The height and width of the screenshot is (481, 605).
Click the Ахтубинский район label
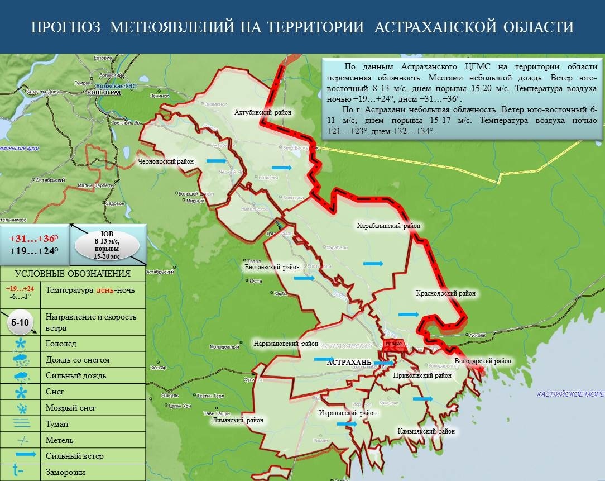coord(263,112)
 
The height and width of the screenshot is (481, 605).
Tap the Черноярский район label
coord(166,162)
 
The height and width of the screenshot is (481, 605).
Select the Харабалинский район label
coord(388,226)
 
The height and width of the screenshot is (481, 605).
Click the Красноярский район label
coord(445,293)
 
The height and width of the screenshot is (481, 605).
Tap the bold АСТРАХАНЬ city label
coord(349,363)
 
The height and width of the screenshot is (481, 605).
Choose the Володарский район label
coord(483,361)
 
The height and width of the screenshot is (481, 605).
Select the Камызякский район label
coord(426,431)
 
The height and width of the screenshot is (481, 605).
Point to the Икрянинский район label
coord(344,413)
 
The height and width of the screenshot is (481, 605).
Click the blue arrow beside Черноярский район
coord(216,161)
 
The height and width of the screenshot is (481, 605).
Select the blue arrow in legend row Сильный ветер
coord(22,456)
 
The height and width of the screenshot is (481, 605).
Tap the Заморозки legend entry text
coord(66,472)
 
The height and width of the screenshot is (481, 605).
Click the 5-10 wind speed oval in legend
coord(20,323)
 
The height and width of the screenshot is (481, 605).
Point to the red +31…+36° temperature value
coord(33,238)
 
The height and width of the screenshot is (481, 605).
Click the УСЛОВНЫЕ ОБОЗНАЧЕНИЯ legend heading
coord(73,274)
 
